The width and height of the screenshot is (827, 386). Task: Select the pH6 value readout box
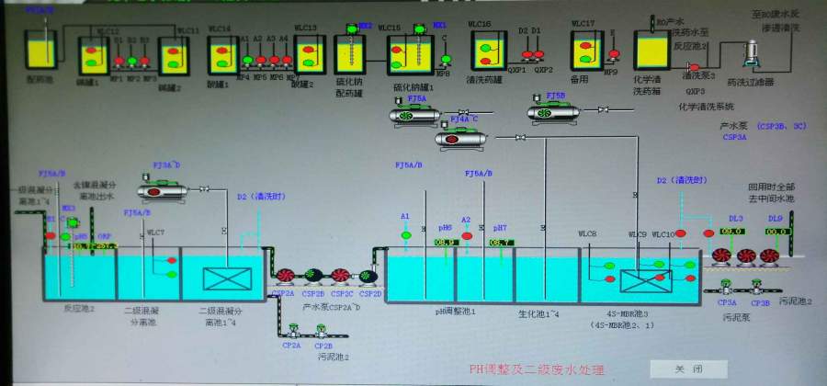coord(446,243)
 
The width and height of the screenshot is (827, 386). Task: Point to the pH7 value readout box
coord(501,243)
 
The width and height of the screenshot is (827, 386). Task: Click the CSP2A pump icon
coord(285,274)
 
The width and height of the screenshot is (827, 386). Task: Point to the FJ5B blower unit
coord(553,112)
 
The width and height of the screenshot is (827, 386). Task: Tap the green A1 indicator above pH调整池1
coord(405,236)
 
